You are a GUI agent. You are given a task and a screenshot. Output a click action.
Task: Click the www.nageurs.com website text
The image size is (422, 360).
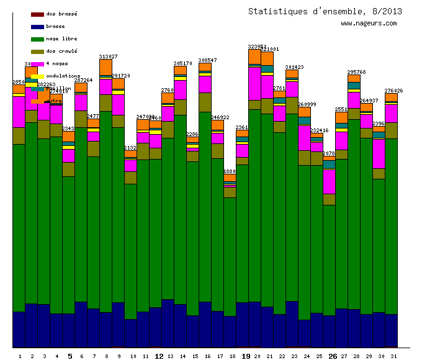369,24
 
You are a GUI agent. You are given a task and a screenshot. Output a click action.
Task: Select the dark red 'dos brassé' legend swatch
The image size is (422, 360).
37,14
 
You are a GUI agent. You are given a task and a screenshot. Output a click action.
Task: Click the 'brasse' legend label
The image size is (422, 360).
55,27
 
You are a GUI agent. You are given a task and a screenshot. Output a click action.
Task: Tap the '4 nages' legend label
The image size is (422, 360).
56,64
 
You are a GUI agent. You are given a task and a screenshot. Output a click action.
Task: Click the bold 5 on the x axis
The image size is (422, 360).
70,356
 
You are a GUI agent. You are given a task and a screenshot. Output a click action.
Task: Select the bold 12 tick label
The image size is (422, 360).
159,356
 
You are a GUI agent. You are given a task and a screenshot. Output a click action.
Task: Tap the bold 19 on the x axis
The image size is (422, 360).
246,356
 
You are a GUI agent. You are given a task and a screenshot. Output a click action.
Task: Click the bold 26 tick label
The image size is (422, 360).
333,356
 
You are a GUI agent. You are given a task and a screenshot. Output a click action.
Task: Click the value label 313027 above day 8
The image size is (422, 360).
108,56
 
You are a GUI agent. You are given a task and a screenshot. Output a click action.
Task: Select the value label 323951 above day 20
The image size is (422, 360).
257,47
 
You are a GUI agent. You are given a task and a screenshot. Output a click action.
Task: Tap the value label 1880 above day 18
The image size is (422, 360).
230,171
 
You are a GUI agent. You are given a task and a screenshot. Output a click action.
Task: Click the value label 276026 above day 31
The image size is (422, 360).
393,91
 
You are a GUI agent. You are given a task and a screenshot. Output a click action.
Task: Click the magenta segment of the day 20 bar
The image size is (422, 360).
254,83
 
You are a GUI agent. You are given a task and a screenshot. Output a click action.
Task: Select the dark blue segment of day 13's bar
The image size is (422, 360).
168,323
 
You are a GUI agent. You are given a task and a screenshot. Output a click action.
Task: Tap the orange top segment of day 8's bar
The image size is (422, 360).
105,66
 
